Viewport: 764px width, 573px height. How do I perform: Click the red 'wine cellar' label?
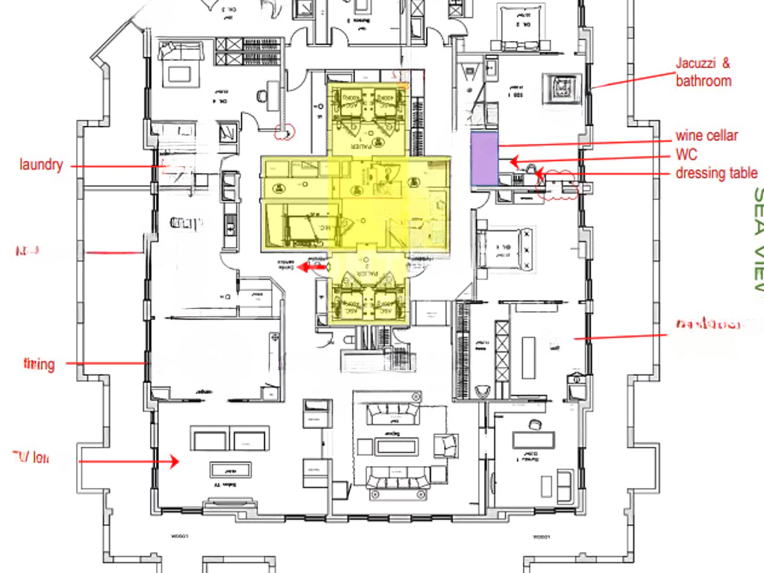point(707,135)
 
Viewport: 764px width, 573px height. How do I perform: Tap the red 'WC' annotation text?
point(686,155)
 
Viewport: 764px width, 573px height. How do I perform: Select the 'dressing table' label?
point(716,173)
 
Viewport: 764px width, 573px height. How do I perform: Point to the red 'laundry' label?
point(41,165)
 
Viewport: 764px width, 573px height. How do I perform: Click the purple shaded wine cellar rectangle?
point(483,158)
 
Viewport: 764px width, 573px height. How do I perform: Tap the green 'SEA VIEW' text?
point(757,239)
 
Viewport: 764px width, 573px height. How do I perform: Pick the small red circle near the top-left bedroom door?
point(284,133)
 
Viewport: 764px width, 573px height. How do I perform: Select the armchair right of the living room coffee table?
point(446,445)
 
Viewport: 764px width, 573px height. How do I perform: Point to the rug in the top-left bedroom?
point(180,73)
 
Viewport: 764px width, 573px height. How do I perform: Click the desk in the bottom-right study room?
point(533,440)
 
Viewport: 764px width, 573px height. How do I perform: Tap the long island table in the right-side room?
point(529,358)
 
